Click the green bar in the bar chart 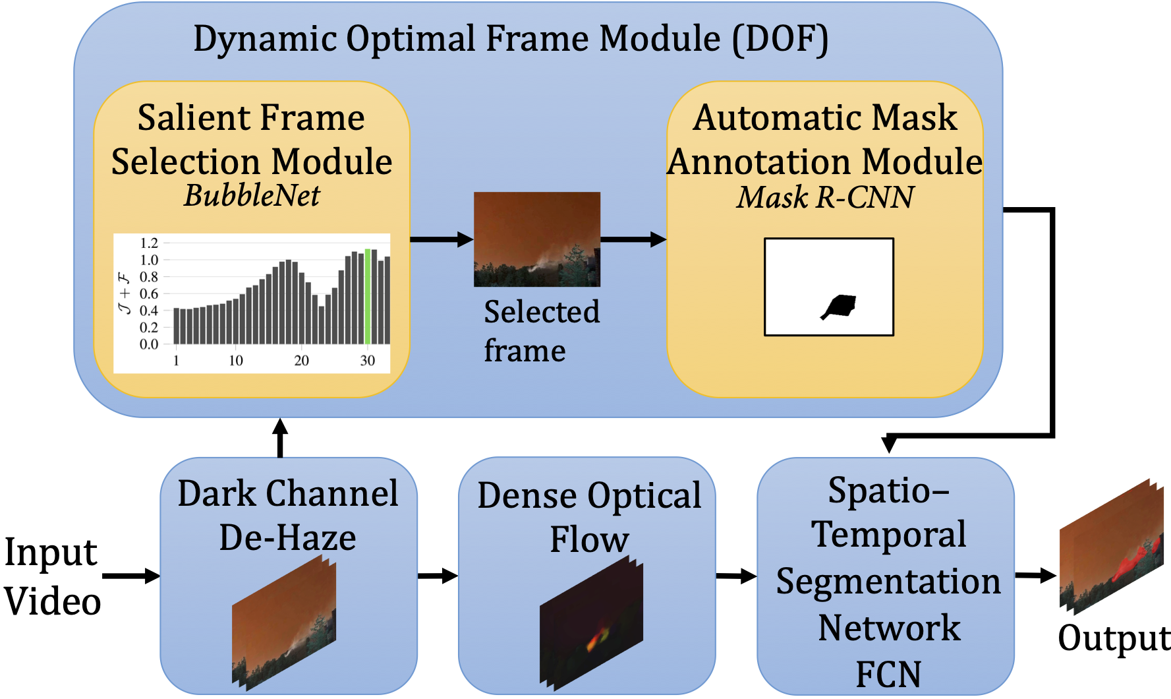point(368,297)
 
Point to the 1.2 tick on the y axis point(149,243)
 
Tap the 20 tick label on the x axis point(301,361)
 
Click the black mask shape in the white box point(839,307)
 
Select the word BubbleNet point(252,195)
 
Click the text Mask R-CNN point(825,197)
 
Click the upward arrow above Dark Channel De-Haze point(280,437)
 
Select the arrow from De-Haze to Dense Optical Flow point(438,576)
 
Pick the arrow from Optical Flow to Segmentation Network point(736,576)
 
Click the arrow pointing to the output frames point(1035,576)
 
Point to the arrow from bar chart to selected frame point(441,239)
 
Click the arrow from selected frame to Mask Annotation point(633,239)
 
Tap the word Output point(1114,638)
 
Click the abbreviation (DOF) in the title point(780,39)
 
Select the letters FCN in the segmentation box point(888,674)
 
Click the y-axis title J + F point(125,293)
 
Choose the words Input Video point(51,576)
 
